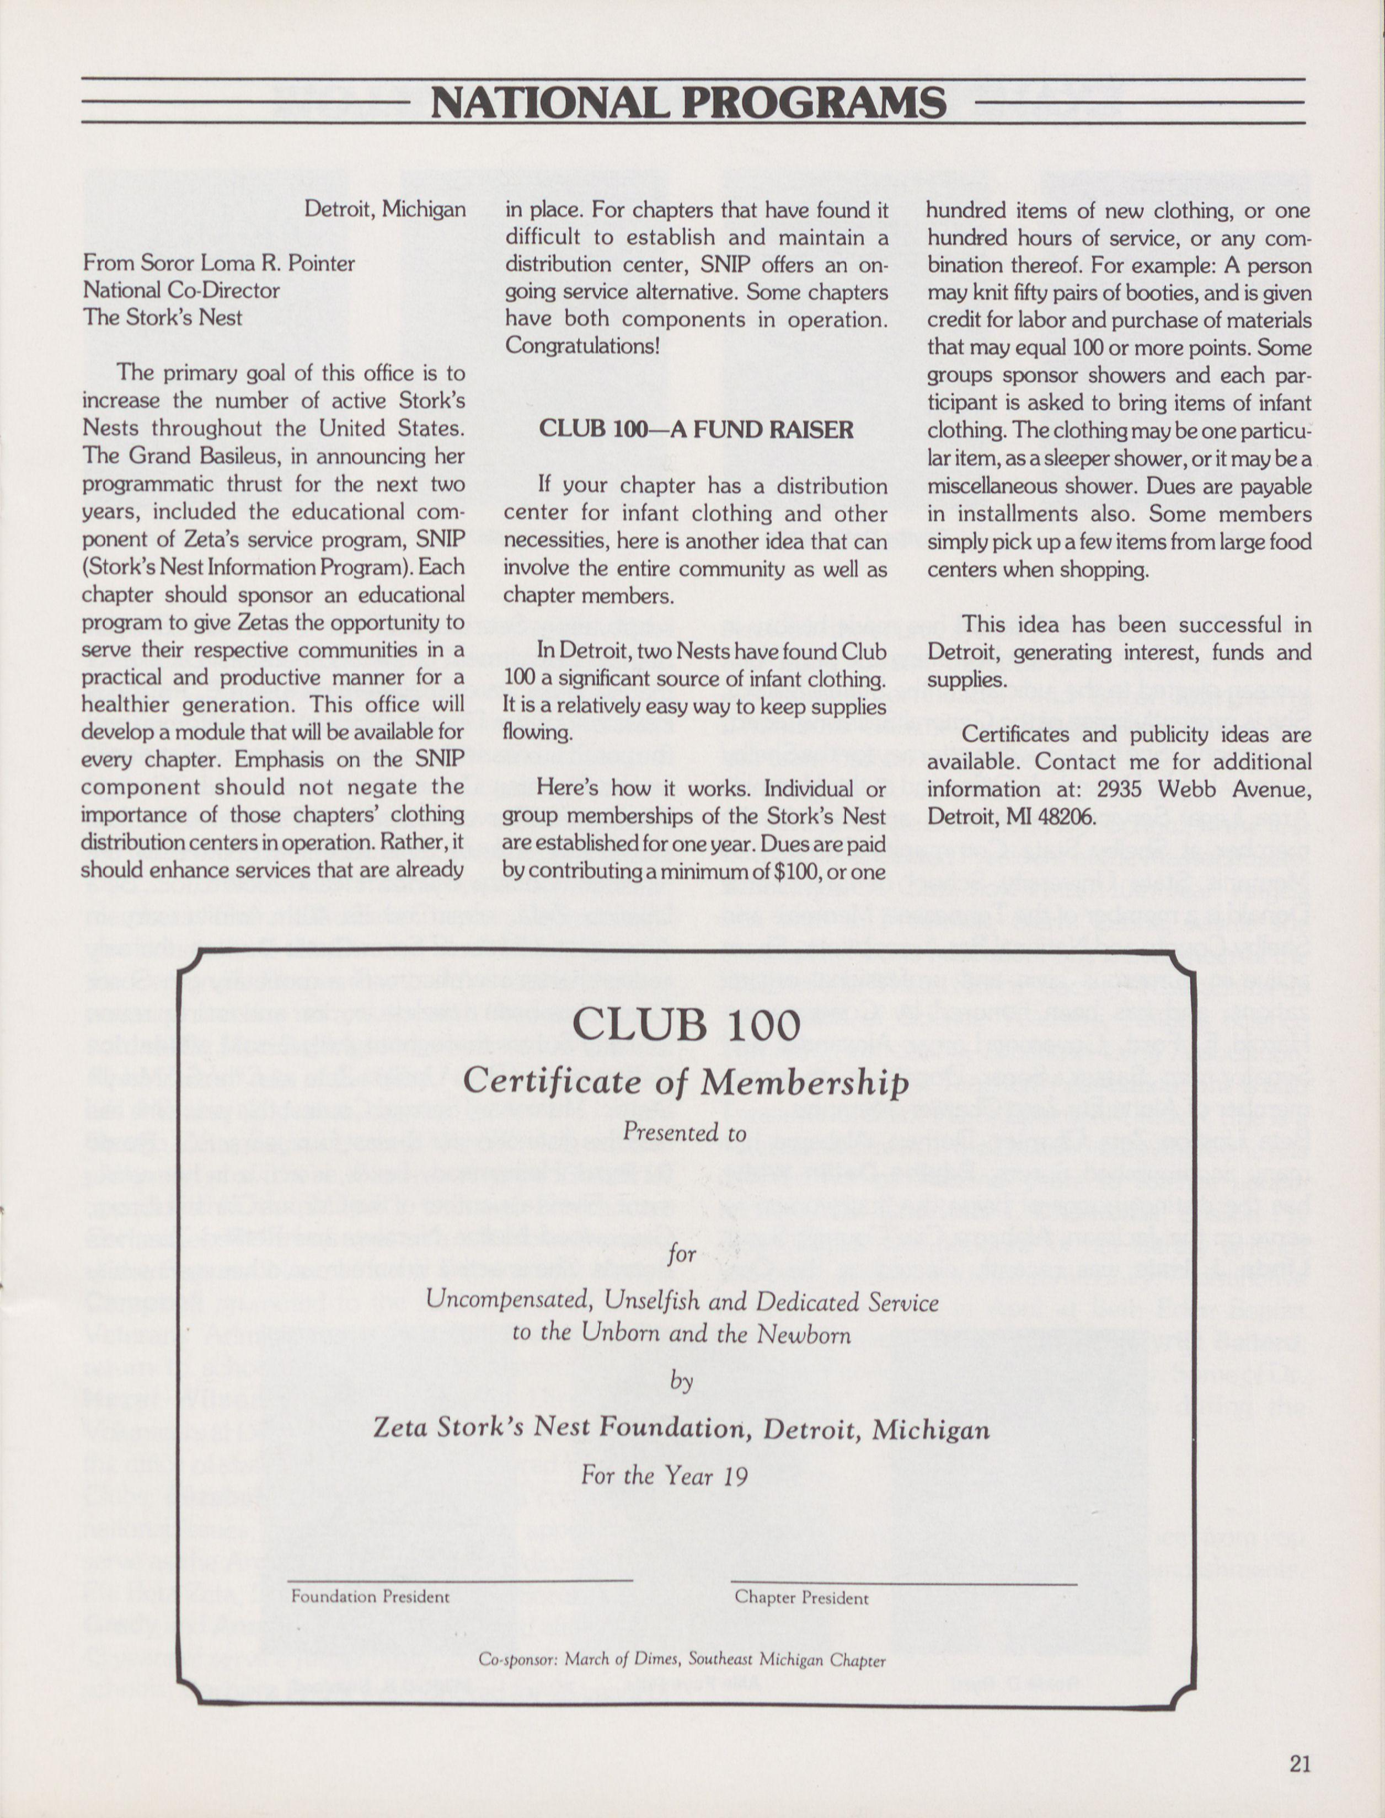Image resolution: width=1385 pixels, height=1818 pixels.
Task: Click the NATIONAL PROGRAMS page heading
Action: [x=688, y=103]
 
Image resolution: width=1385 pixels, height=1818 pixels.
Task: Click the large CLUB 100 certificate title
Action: [x=686, y=1025]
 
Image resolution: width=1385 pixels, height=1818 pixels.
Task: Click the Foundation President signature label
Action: [x=370, y=1596]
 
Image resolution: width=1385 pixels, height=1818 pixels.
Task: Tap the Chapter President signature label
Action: [x=801, y=1597]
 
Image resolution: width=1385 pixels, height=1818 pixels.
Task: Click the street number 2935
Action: [x=1120, y=789]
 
